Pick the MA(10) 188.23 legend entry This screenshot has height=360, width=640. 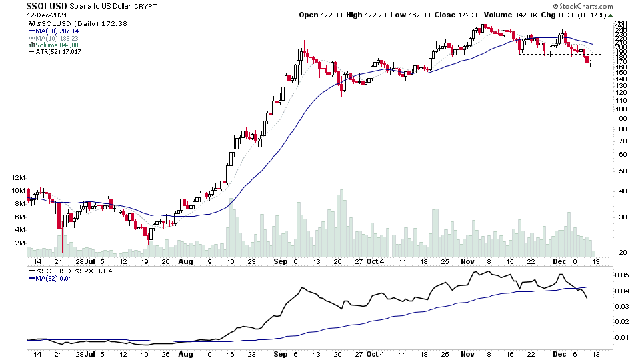[x=55, y=39]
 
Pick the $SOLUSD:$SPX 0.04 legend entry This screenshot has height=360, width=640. [x=66, y=271]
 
